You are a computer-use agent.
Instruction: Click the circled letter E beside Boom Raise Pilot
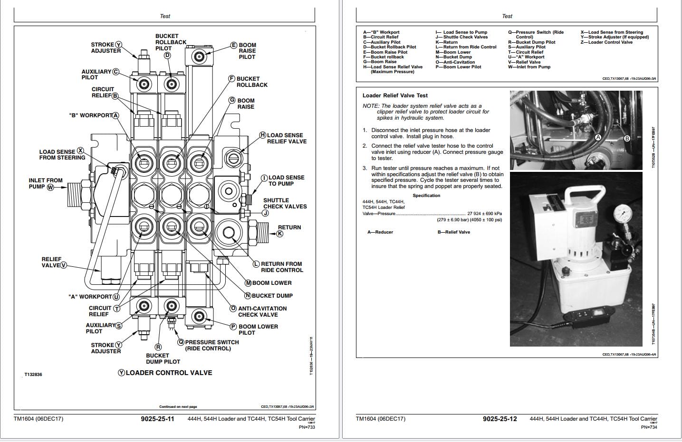234,45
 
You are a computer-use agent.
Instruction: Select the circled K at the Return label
280,234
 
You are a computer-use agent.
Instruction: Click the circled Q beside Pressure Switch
181,342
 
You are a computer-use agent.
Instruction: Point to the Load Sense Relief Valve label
287,138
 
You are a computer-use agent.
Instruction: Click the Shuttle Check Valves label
285,203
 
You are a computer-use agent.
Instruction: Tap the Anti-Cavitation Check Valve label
262,311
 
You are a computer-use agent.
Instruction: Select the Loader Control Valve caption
169,373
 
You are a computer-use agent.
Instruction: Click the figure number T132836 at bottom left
33,375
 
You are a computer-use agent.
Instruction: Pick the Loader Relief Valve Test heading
395,95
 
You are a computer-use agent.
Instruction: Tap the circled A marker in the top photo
598,137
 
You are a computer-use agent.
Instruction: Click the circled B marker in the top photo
627,138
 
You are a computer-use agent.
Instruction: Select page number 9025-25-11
157,419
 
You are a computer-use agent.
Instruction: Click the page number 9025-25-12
499,419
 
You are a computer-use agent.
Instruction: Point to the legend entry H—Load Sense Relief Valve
393,67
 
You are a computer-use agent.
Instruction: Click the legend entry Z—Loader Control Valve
607,42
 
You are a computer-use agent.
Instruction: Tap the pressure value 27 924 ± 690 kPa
484,214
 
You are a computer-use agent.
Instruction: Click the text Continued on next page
178,407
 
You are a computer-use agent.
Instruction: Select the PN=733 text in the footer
307,427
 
